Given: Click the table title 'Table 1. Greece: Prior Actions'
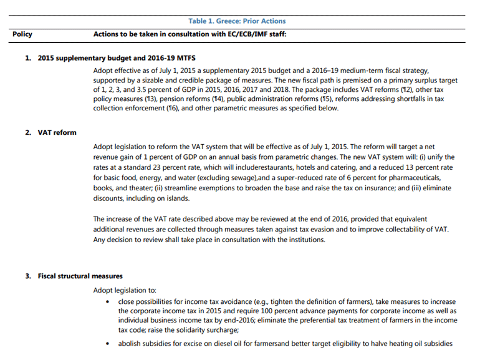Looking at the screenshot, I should point(237,21).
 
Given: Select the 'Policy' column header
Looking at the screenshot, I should point(22,34).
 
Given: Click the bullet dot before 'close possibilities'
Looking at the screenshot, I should point(108,302).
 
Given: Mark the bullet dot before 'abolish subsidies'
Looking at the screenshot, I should point(108,344).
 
